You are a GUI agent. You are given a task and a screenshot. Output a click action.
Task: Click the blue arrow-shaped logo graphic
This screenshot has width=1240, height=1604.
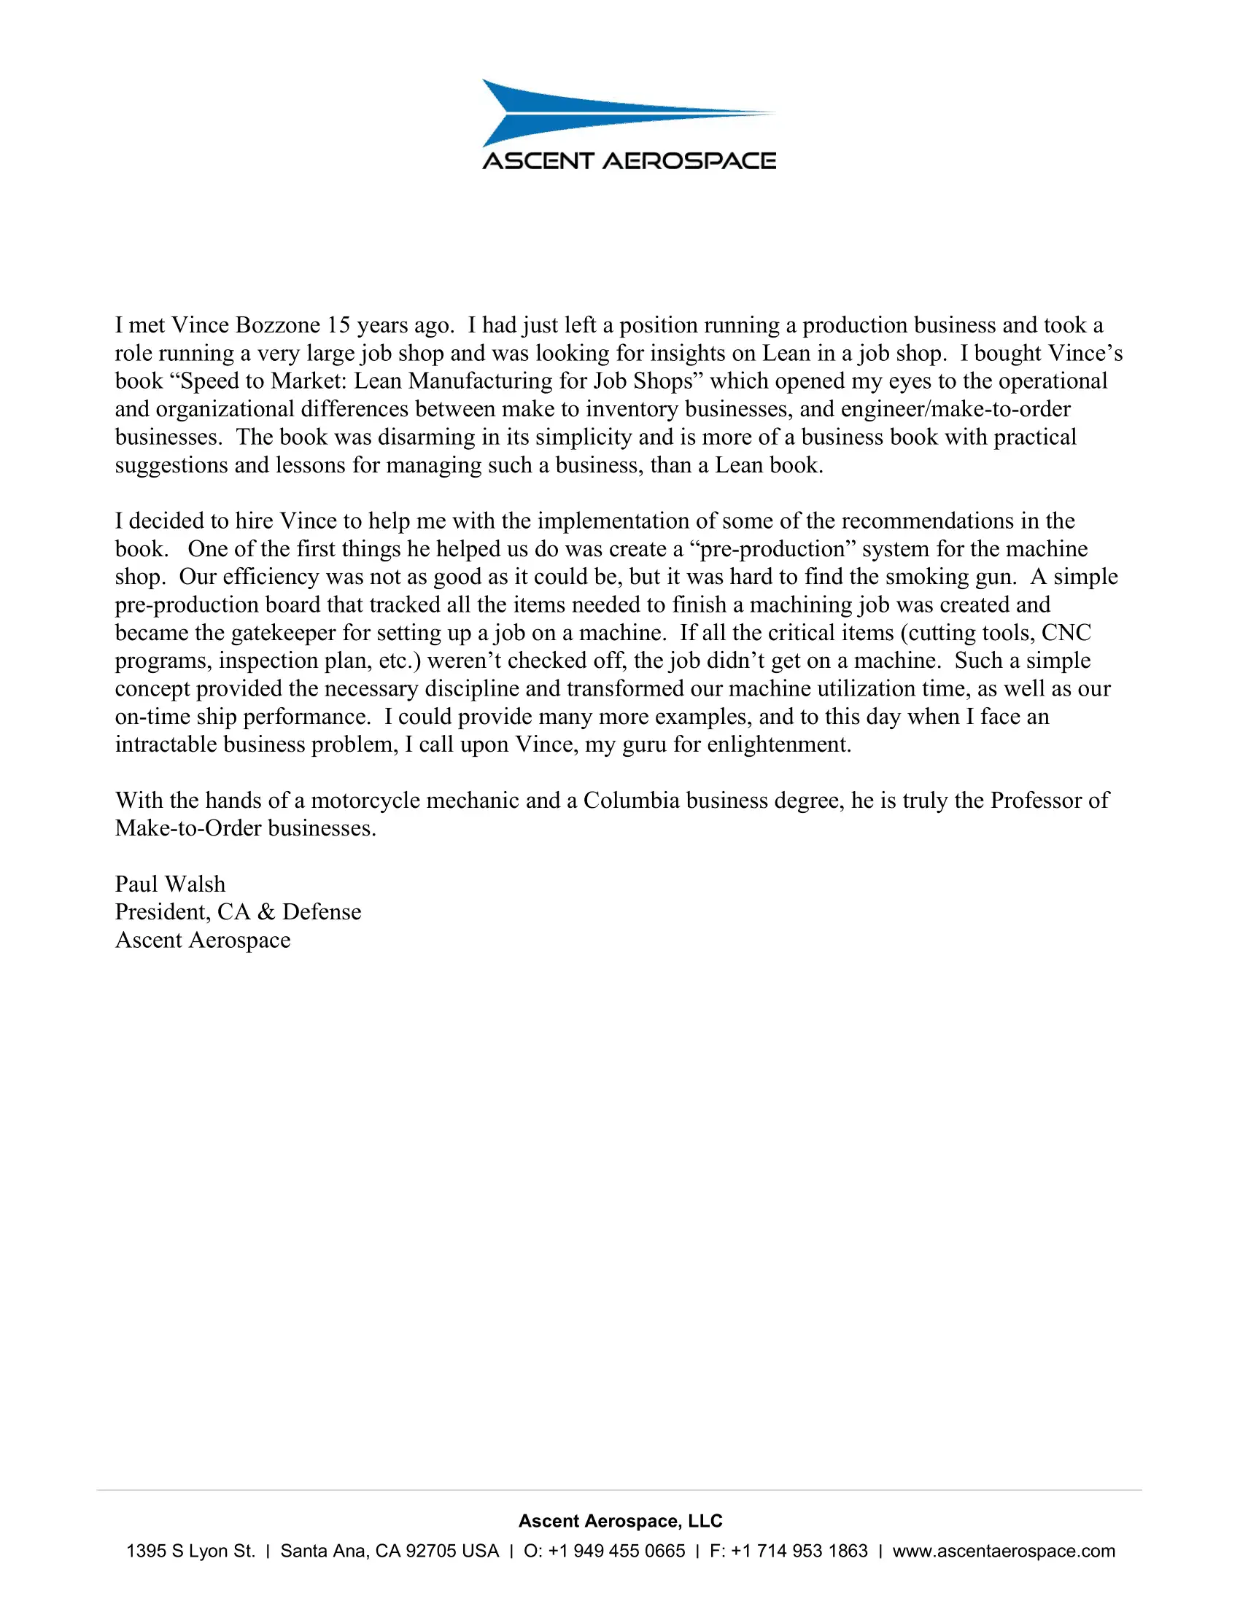(588, 112)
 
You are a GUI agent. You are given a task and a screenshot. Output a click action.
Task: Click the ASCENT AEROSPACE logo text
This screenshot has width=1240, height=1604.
(629, 161)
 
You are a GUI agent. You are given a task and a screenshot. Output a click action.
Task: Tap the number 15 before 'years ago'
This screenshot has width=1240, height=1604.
(338, 324)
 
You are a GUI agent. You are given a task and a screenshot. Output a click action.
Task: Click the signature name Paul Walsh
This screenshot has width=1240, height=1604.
(171, 884)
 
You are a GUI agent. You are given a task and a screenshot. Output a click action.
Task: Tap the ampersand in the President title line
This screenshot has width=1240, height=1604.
(267, 911)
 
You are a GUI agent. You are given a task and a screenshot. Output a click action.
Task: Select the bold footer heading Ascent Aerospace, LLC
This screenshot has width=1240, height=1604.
(620, 1520)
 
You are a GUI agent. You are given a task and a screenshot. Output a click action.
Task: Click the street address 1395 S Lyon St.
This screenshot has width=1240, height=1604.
(190, 1551)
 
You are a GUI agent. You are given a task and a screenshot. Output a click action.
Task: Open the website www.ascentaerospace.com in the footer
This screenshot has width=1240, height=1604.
(1004, 1551)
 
